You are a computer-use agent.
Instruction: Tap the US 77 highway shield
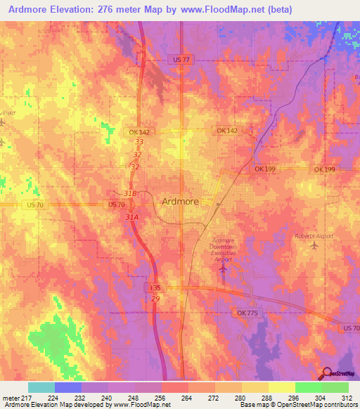181,60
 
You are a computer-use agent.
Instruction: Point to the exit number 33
139,142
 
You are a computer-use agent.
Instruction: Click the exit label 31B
129,193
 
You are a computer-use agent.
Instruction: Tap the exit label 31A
131,218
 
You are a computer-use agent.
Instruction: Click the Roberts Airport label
314,236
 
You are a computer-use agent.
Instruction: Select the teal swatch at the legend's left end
41,387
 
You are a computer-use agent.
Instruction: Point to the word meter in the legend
11,397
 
